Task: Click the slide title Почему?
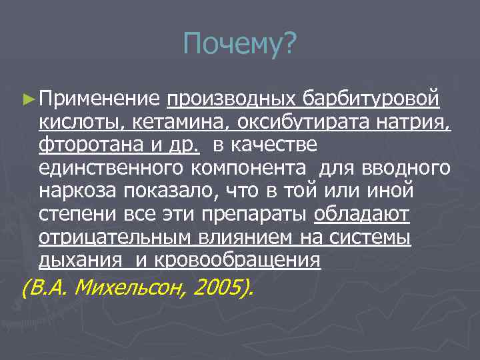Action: pos(240,46)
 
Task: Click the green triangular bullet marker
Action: pos(27,99)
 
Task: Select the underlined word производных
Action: pos(231,99)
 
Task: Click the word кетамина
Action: pos(175,122)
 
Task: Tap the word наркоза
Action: pos(78,191)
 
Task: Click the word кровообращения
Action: pos(238,261)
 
